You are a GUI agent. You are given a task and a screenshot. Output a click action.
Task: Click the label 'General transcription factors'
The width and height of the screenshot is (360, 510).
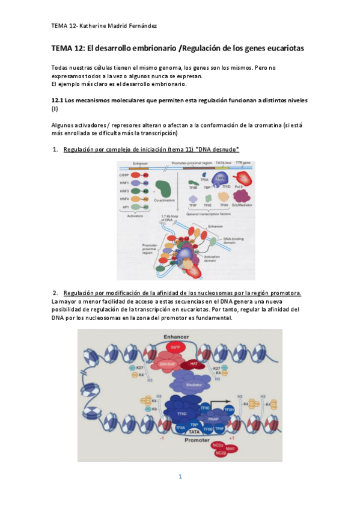point(204,212)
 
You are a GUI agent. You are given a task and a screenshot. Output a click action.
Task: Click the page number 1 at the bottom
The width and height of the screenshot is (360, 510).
point(180,477)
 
